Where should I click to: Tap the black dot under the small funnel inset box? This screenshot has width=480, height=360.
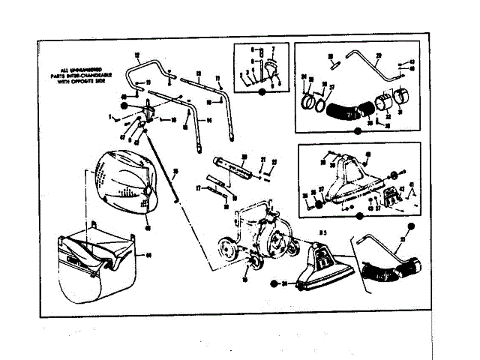click(262, 91)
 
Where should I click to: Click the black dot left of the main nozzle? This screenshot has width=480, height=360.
click(275, 284)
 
